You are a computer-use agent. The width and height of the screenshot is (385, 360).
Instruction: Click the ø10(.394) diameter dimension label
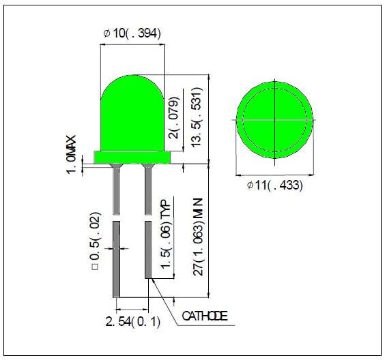coord(132,33)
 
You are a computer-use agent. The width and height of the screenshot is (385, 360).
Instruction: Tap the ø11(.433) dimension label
coord(274,185)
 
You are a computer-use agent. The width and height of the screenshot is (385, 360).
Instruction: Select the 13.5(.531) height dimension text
coord(197,117)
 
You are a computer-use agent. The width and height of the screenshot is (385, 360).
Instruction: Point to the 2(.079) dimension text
coord(174,118)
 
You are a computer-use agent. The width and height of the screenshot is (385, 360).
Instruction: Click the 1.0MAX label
coord(71,155)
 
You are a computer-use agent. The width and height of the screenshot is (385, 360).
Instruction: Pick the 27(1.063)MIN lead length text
coord(198,237)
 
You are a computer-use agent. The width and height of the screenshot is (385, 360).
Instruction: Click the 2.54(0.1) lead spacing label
coord(133,322)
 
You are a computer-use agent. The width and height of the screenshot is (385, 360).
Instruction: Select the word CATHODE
coord(205,316)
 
